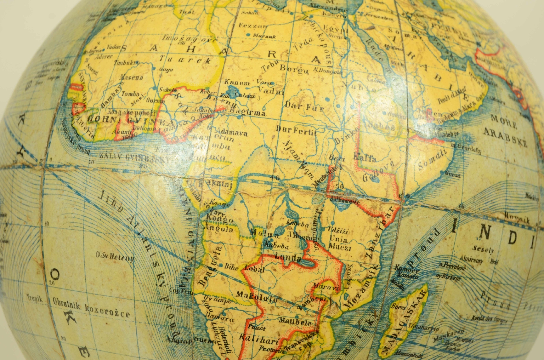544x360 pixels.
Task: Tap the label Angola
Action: (x=220, y=229)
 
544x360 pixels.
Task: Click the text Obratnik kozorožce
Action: (x=91, y=310)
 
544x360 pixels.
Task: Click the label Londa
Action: (x=288, y=258)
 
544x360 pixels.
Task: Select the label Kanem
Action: (x=237, y=83)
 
